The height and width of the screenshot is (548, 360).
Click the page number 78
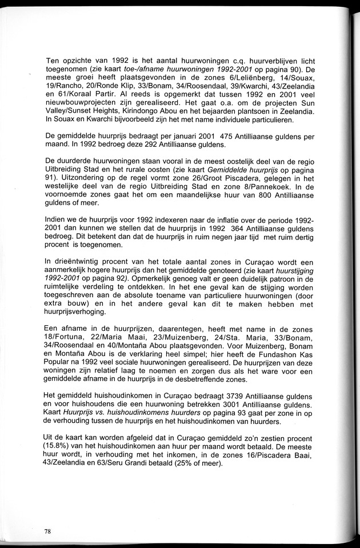pos(47,531)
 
